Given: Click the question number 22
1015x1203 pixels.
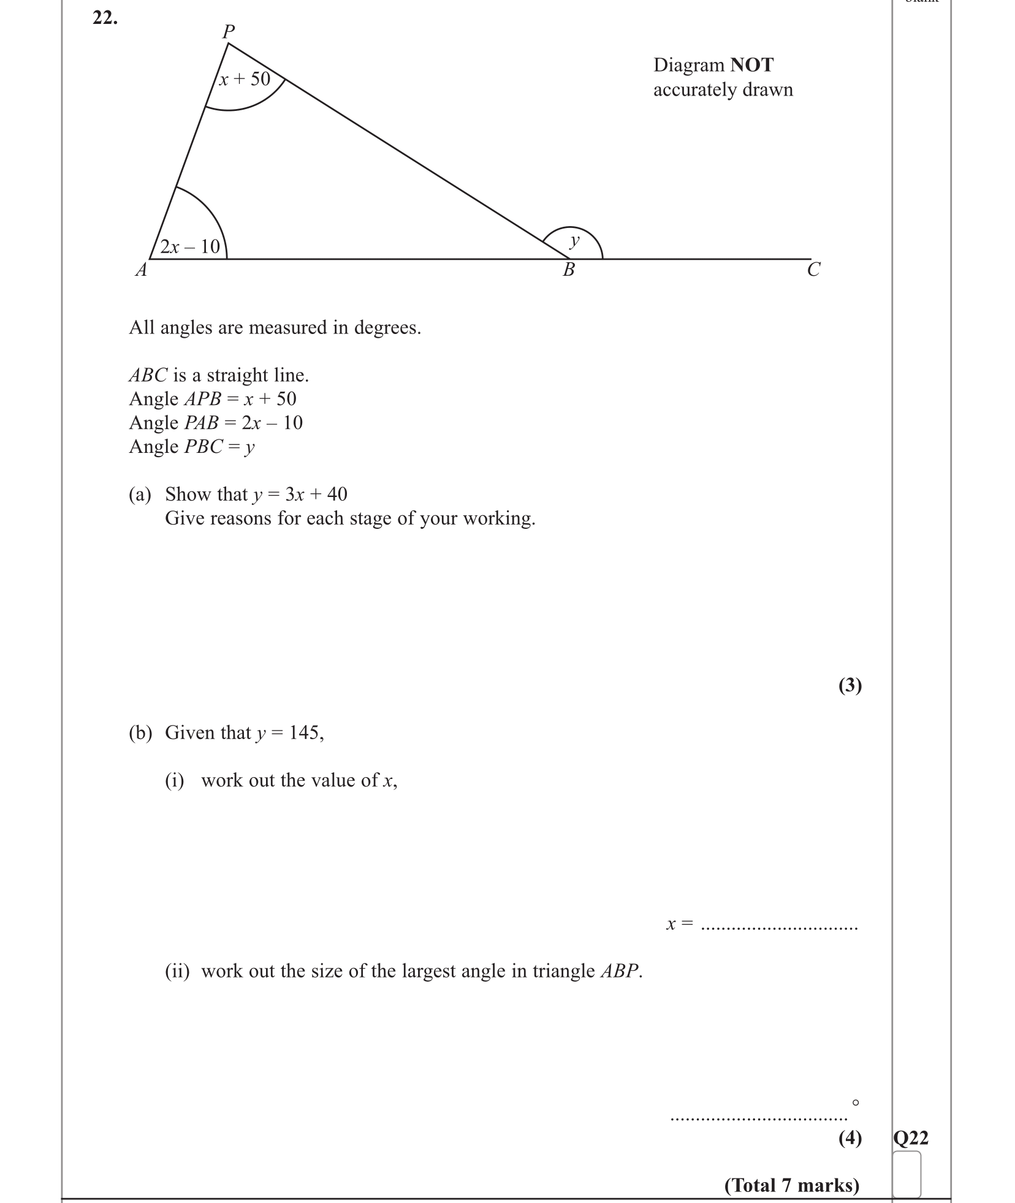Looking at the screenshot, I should click(x=105, y=19).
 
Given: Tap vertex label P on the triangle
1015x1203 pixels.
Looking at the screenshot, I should click(x=229, y=31).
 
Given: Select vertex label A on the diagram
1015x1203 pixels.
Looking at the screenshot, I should click(x=142, y=270).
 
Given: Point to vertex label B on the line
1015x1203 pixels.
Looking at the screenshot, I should click(x=569, y=270).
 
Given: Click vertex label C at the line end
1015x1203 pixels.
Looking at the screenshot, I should click(x=813, y=270).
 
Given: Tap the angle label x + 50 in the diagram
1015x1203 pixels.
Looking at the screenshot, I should click(x=245, y=79).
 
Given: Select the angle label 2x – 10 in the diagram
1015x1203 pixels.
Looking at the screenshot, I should click(x=190, y=246).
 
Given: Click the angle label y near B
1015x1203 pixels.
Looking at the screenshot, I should click(x=574, y=240).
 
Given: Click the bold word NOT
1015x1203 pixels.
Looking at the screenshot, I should click(x=752, y=65).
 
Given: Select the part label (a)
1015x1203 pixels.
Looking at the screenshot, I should click(x=140, y=494).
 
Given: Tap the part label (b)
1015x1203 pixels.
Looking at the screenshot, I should click(x=140, y=732).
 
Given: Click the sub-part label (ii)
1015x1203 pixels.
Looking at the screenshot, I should click(x=177, y=971).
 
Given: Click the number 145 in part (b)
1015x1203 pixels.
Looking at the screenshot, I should click(x=304, y=732).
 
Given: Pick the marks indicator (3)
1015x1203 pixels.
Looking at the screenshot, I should click(x=850, y=685).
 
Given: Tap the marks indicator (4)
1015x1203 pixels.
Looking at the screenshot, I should click(x=850, y=1138).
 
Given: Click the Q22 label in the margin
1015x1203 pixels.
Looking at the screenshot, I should click(x=911, y=1138).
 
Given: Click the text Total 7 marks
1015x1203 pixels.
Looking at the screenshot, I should click(x=792, y=1185).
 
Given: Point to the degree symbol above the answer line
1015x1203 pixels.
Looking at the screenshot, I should click(x=856, y=1102).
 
